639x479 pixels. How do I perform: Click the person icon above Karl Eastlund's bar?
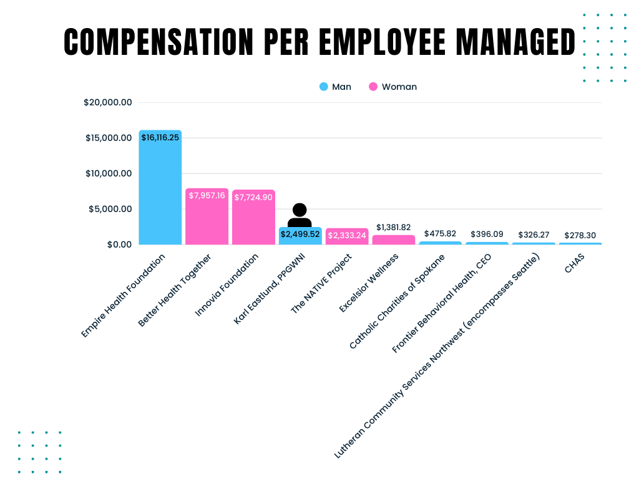[x=300, y=215]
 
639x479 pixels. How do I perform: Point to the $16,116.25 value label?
[x=160, y=137]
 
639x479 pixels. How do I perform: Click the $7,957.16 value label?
[x=207, y=195]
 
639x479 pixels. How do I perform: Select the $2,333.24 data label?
[x=347, y=235]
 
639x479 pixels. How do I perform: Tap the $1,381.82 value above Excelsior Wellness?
[x=393, y=227]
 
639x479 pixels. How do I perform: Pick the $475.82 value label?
[x=440, y=233]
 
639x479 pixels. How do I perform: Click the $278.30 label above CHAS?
[x=580, y=235]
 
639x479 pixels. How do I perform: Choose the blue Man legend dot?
[x=323, y=87]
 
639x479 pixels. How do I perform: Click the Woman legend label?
[x=399, y=87]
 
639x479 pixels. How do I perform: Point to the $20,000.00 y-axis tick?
[x=108, y=102]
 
